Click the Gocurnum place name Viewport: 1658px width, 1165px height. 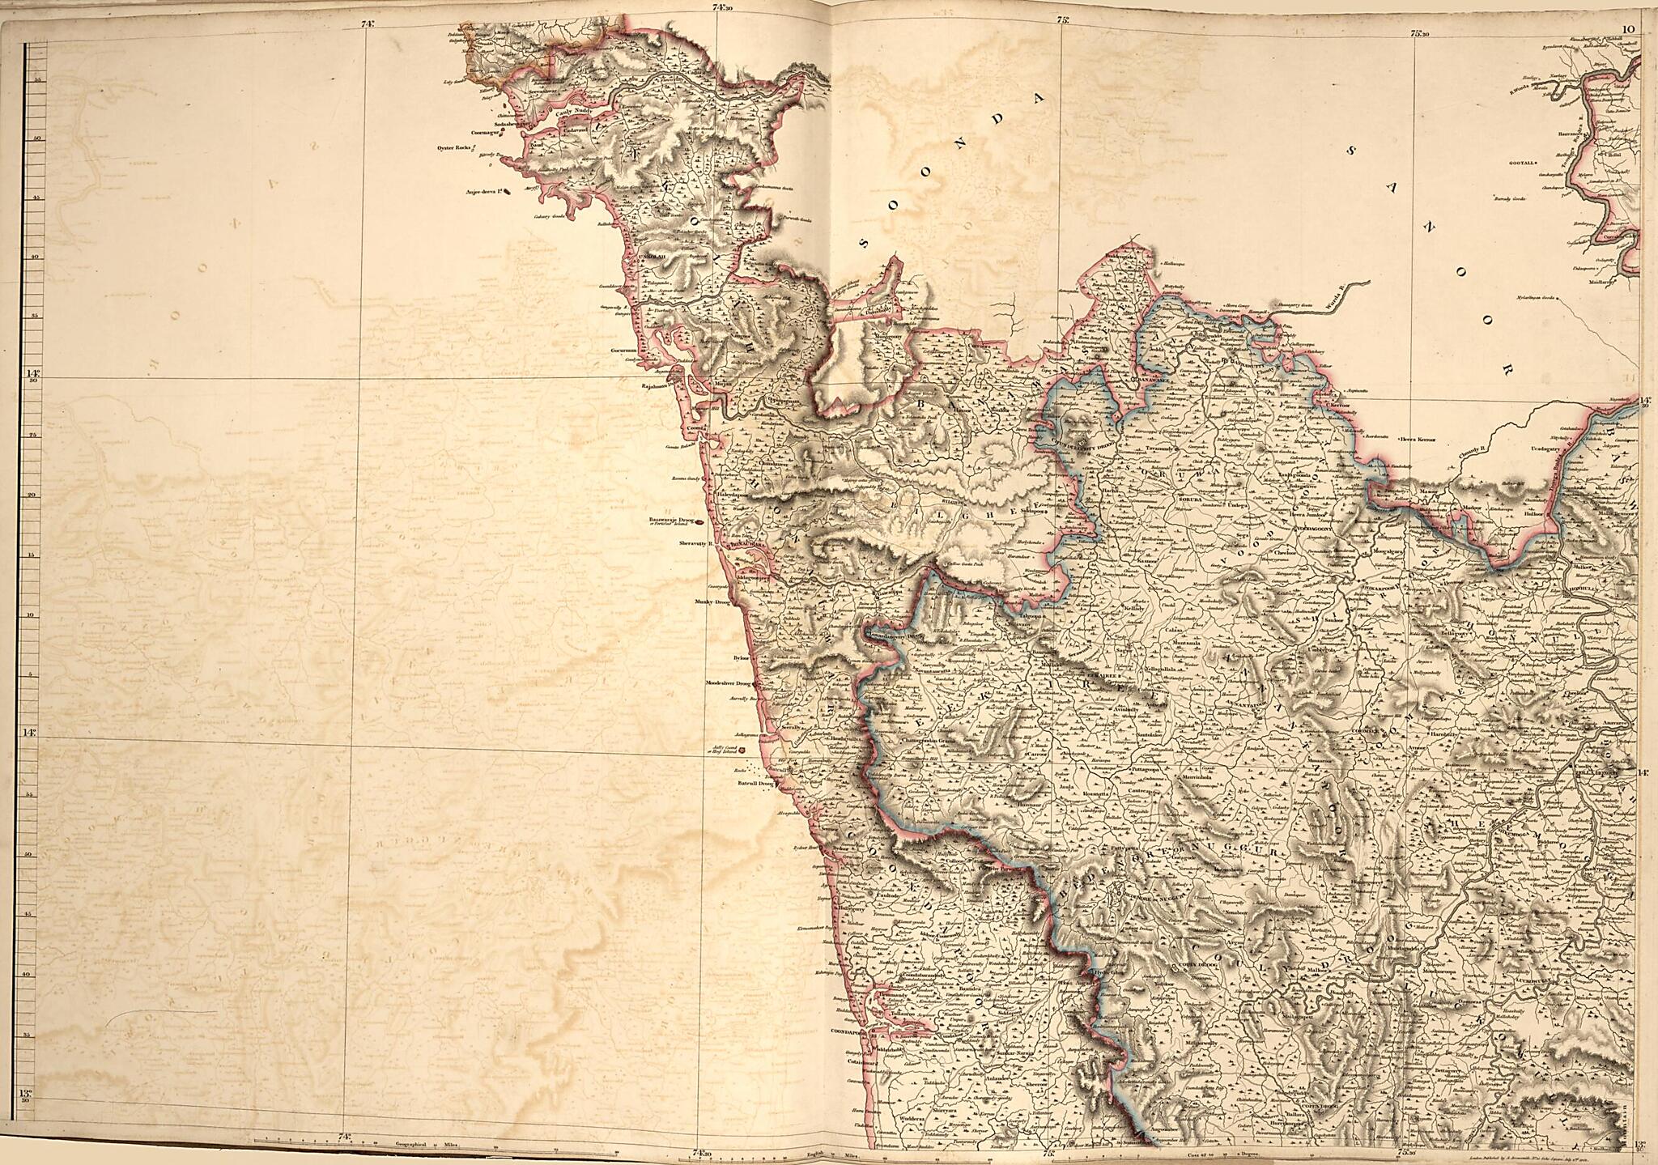(x=626, y=351)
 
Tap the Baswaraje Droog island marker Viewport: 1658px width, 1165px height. (x=674, y=521)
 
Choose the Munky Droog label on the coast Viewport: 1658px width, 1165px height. (x=712, y=602)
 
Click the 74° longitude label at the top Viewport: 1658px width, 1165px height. (x=368, y=23)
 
